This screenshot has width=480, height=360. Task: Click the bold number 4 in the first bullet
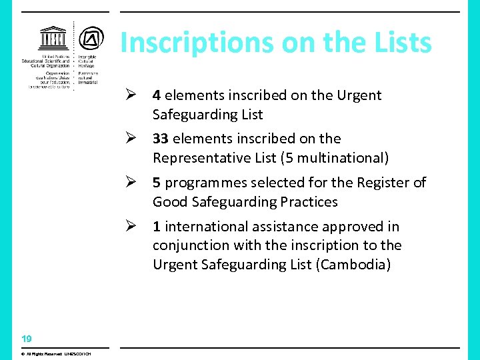[156, 95]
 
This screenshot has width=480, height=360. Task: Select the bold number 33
[160, 139]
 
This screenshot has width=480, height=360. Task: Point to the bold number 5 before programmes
[156, 183]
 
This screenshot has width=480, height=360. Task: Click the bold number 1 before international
[156, 227]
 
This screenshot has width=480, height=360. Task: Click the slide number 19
[26, 339]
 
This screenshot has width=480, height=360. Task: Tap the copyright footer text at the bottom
[56, 353]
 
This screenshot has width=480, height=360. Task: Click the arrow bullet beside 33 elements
[131, 139]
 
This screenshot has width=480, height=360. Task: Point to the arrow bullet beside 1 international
[131, 227]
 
